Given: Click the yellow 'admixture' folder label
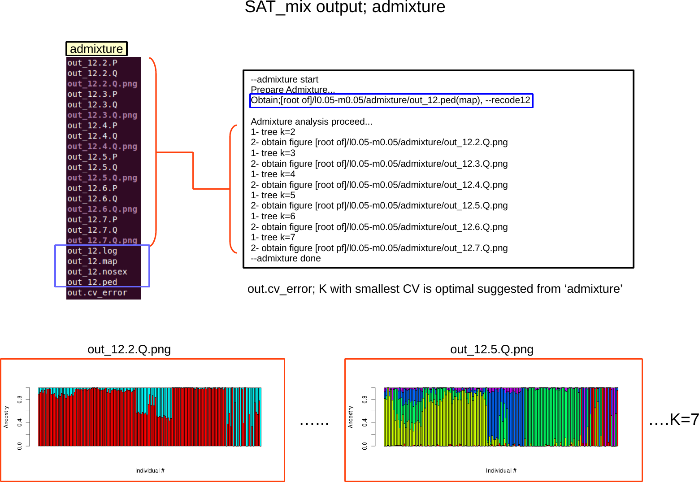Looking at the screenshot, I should point(96,49).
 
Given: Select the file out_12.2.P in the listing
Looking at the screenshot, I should point(92,63).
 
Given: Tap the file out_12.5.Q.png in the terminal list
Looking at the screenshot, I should point(102,178).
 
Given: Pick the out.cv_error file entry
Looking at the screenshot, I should point(97,293).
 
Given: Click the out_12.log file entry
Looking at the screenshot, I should point(92,251).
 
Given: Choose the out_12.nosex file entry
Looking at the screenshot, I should point(97,272).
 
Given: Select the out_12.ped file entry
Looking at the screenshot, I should point(92,282).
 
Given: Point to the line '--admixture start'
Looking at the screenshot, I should point(284,79).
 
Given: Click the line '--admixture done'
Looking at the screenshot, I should point(286,258).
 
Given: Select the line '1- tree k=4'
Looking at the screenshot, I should point(273,174).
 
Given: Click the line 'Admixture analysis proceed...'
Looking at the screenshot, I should point(312,122).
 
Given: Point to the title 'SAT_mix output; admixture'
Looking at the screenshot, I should point(345,7).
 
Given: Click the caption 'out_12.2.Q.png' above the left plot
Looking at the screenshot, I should point(129,349).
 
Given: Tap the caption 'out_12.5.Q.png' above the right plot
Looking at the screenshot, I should point(492,349).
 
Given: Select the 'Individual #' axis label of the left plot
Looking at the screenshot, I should point(150,470).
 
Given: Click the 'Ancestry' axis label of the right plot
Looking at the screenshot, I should point(351,417).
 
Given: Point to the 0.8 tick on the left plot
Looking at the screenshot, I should point(20,399).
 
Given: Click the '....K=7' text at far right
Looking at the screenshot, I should point(674,420).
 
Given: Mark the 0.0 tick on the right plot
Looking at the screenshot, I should point(365,446).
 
